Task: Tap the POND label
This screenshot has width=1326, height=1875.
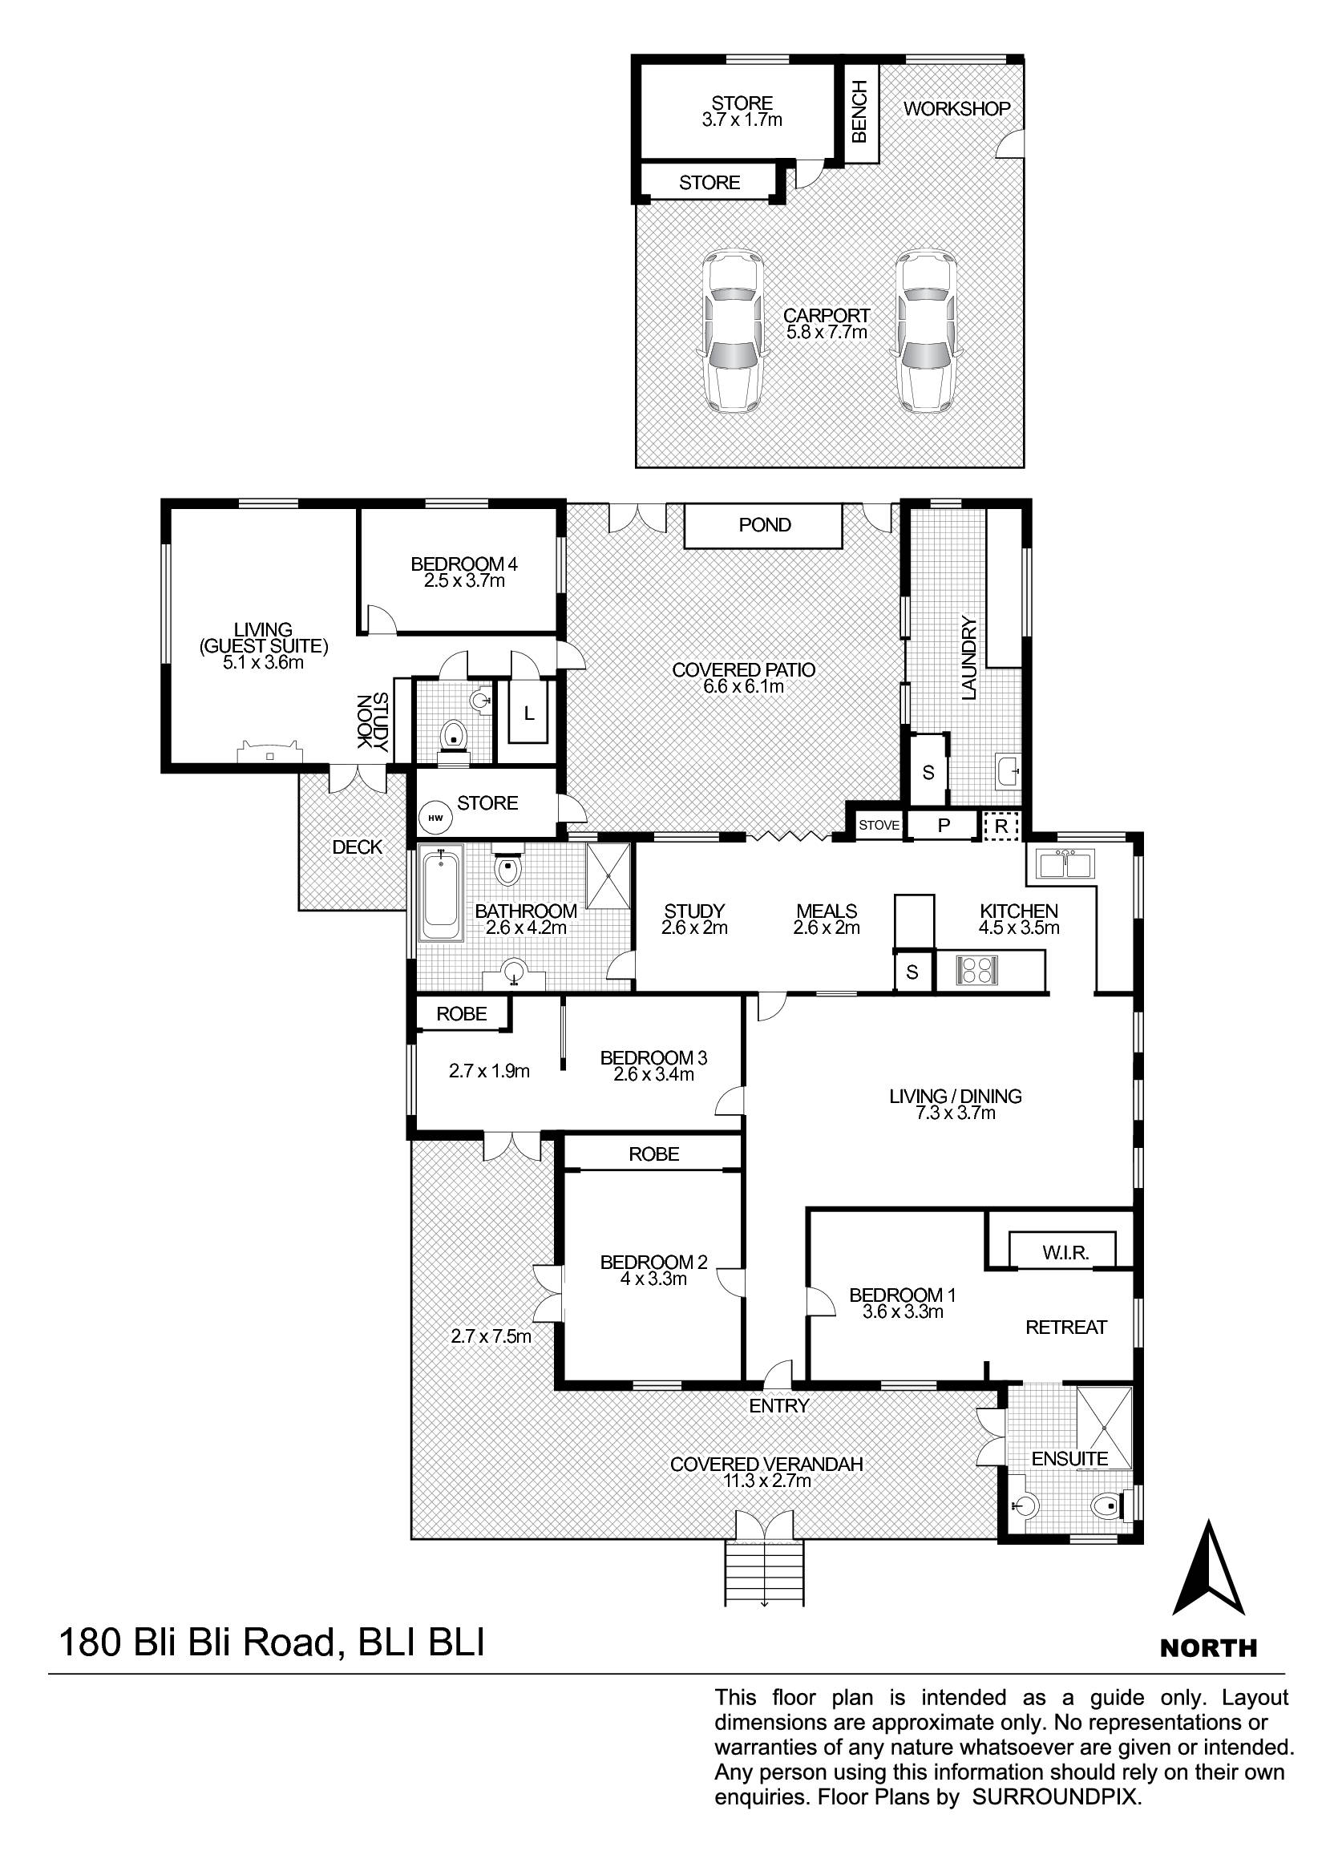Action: pos(764,525)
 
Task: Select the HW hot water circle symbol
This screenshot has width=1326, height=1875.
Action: pos(435,818)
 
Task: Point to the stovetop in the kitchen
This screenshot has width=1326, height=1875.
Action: pos(977,971)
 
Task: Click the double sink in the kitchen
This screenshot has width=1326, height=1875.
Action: pos(1065,863)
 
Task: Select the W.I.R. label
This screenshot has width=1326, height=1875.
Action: pos(1065,1254)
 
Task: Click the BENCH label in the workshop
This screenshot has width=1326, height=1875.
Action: pos(859,112)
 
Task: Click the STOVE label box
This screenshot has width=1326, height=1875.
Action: pos(879,825)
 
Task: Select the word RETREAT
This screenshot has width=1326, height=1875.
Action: pos(1065,1327)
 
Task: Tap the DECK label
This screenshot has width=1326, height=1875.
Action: pos(357,847)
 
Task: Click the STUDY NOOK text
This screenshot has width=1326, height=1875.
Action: pos(372,722)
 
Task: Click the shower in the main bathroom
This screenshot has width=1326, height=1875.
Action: pos(608,875)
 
